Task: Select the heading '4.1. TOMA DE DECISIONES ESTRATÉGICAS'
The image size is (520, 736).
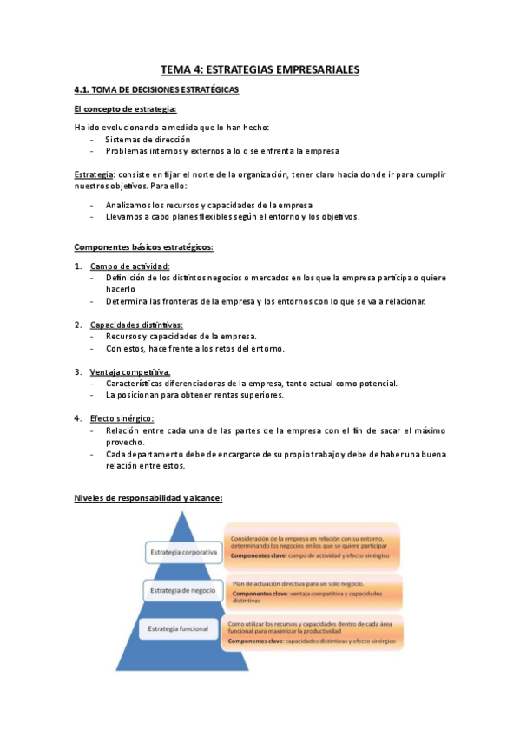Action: point(157,90)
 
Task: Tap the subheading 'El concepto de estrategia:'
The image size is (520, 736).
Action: point(126,108)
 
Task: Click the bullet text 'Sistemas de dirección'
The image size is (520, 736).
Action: point(148,139)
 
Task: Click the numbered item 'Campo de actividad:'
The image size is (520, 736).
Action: point(130,266)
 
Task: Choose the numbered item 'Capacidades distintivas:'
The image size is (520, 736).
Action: point(136,325)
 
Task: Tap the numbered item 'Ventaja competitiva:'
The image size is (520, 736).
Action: point(130,371)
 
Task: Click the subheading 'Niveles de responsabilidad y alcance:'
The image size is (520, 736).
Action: point(148,498)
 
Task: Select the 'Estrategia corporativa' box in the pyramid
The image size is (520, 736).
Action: point(182,552)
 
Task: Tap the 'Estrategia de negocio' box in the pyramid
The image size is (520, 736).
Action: point(182,592)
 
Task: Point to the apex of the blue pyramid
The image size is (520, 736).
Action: point(184,515)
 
